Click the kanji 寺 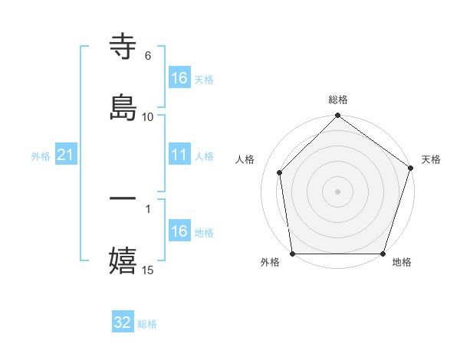tap(123, 47)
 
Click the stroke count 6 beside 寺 tap(147, 56)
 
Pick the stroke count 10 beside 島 tap(148, 116)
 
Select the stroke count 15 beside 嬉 tap(148, 270)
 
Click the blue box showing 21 tap(66, 155)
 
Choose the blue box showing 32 tap(123, 323)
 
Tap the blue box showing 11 tap(179, 155)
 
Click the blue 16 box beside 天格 tap(179, 78)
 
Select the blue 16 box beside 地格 tap(179, 231)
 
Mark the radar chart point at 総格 tap(337, 116)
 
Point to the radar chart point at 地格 tap(383, 254)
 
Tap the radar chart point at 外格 tap(292, 254)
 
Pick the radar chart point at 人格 tap(280, 172)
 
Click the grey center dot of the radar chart tap(337, 191)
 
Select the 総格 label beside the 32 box tap(147, 324)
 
